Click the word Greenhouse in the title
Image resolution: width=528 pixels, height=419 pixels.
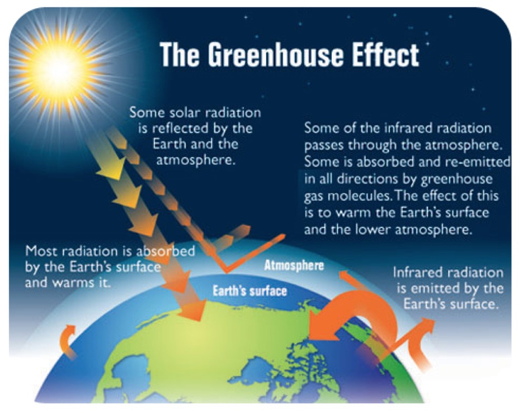pyautogui.click(x=275, y=55)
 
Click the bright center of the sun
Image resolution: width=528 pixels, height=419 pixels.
pyautogui.click(x=60, y=67)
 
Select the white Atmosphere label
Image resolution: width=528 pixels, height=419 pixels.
pyautogui.click(x=294, y=265)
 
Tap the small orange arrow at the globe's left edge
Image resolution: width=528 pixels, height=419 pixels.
pyautogui.click(x=67, y=340)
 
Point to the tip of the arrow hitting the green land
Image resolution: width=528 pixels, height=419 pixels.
pyautogui.click(x=201, y=320)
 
